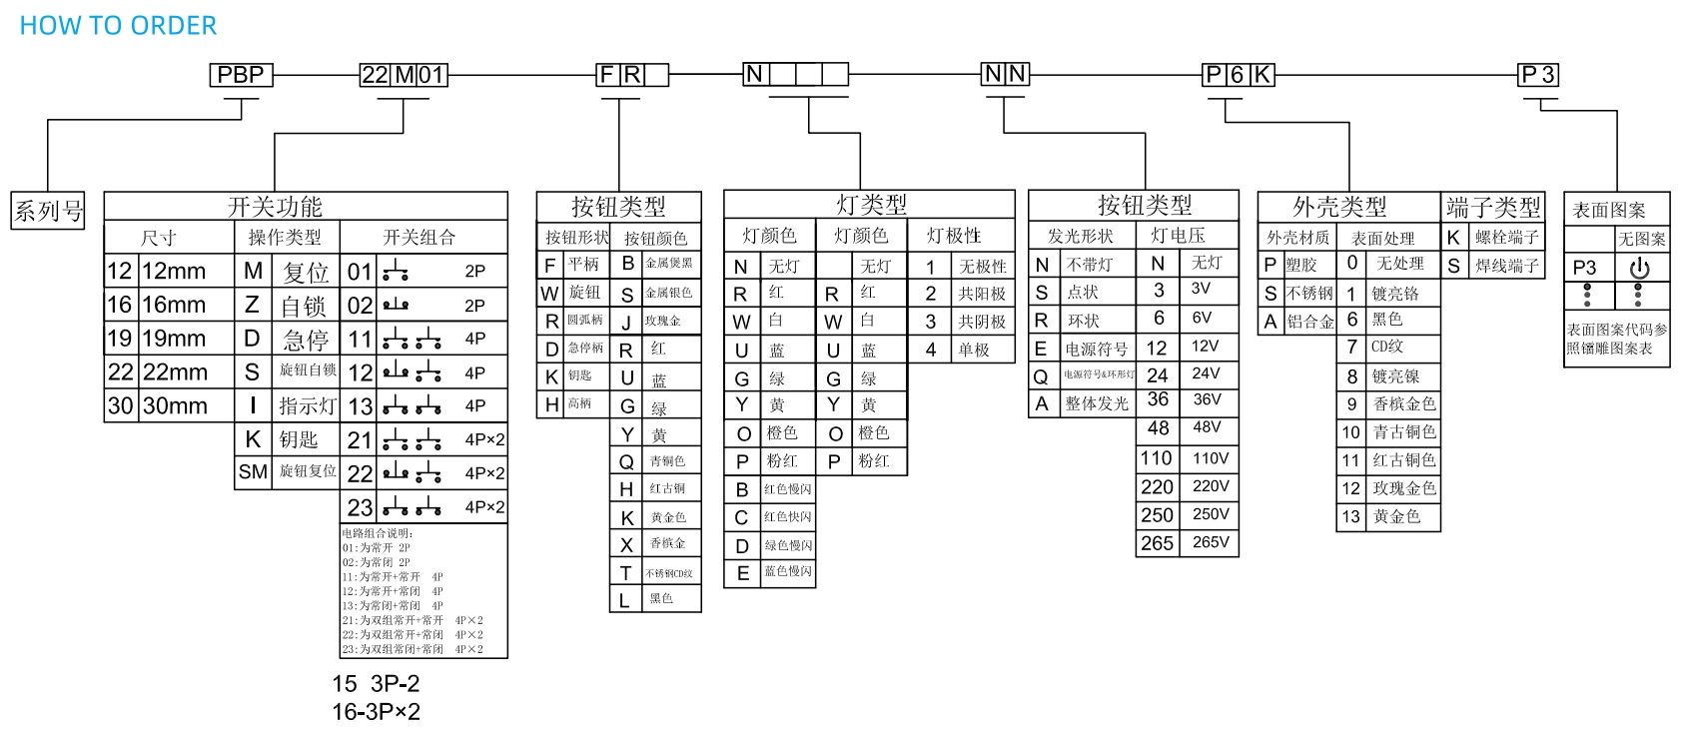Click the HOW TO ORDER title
(118, 26)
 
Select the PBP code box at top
(241, 75)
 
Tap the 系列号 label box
(48, 211)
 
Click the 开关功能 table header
(275, 207)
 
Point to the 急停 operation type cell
(305, 339)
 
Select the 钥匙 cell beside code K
(298, 439)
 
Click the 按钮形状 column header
(576, 238)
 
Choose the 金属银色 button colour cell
(668, 294)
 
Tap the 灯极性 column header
(954, 236)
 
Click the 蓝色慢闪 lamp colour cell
(788, 571)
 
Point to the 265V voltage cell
(1211, 542)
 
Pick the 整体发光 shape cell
(1097, 403)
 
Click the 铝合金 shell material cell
(1309, 322)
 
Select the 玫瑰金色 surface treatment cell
(1403, 488)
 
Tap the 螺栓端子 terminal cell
(1506, 238)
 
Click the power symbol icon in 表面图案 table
(1639, 268)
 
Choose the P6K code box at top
(1239, 75)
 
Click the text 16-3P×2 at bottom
(377, 712)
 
